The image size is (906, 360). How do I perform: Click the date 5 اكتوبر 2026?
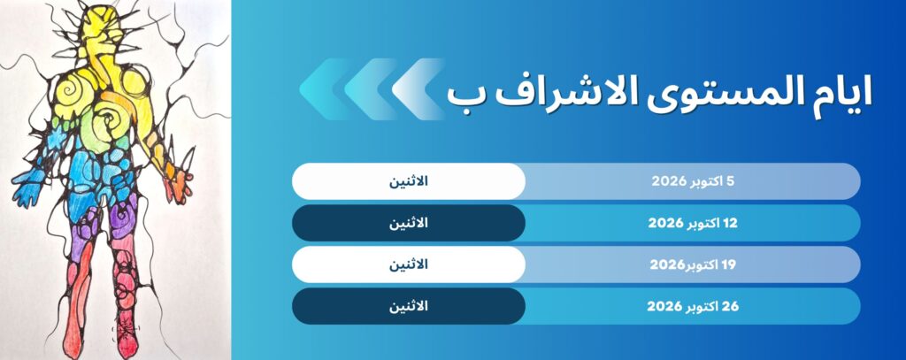click(693, 181)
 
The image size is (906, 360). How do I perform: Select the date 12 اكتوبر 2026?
click(693, 223)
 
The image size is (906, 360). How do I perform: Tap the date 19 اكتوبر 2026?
click(693, 264)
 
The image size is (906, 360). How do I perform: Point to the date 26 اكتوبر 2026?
click(693, 306)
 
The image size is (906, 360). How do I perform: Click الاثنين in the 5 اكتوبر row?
click(409, 180)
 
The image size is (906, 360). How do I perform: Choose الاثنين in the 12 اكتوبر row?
click(409, 223)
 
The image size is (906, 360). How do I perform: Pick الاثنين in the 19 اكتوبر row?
click(409, 264)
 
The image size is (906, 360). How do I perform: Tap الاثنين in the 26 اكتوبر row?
click(409, 306)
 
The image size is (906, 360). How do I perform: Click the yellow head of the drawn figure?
click(105, 29)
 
